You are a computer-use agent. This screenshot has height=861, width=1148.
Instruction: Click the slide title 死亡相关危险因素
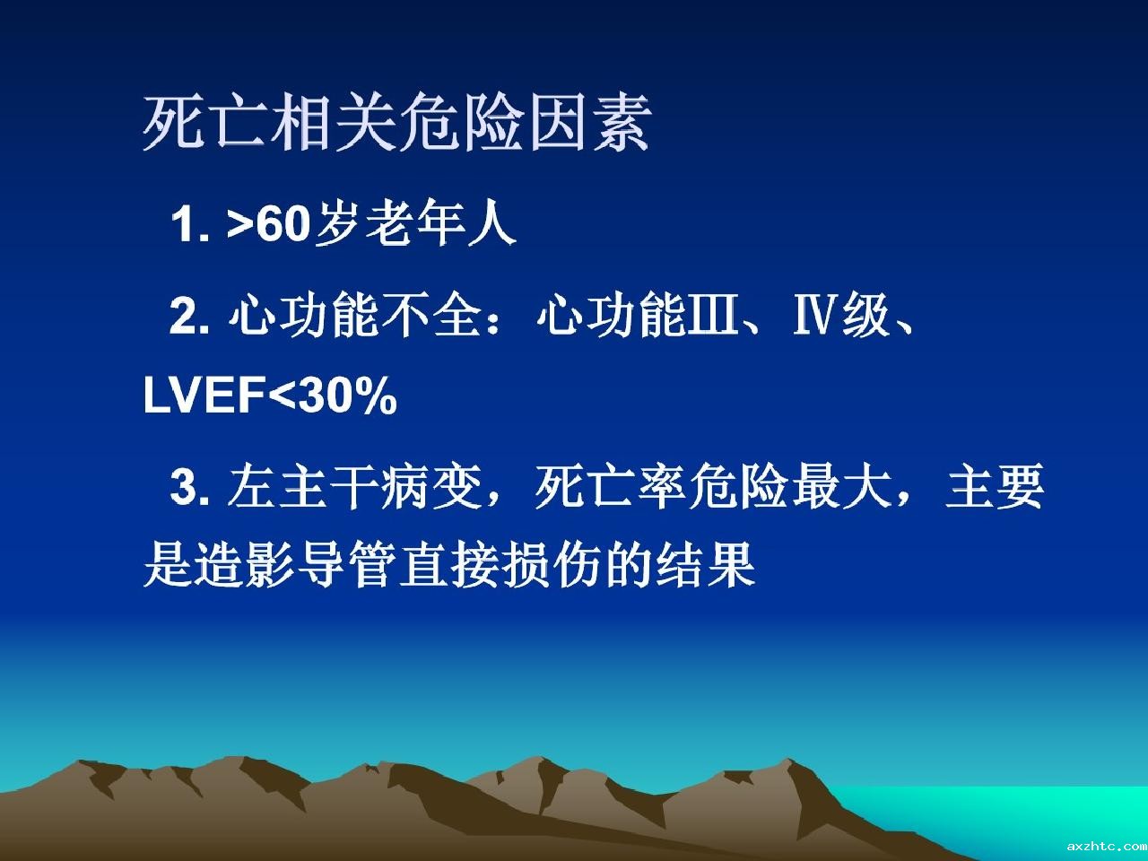396,124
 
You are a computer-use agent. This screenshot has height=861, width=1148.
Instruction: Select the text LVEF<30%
270,396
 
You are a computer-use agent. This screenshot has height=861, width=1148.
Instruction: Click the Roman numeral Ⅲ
712,314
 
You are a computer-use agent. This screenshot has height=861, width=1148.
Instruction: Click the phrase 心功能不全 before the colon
354,315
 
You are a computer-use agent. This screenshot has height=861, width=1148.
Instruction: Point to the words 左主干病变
354,487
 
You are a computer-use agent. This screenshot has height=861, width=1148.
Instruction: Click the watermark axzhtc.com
1107,846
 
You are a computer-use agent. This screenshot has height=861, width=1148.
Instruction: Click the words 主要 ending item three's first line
995,487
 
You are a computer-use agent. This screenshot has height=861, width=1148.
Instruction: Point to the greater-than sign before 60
240,226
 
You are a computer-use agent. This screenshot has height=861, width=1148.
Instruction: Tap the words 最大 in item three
842,487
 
